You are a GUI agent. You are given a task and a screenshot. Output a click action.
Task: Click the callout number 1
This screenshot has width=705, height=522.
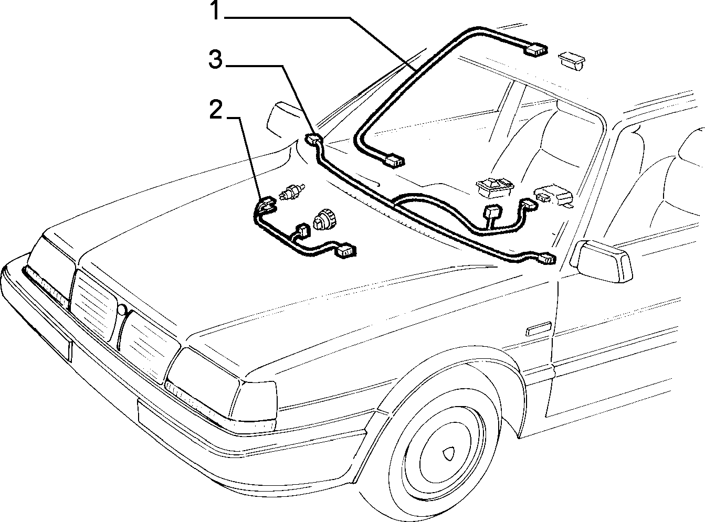(216, 10)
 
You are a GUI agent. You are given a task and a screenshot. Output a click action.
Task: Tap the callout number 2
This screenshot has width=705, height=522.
(216, 109)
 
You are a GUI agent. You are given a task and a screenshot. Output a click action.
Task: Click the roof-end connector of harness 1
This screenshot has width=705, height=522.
(535, 50)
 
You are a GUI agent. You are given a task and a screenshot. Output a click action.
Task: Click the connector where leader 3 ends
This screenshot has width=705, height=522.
(314, 139)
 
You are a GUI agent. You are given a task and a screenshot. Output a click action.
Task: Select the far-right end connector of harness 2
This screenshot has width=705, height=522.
(346, 251)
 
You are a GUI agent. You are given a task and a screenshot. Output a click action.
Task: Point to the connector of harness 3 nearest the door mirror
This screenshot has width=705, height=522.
(546, 258)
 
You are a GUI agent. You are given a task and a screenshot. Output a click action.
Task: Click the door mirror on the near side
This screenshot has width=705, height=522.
(602, 261)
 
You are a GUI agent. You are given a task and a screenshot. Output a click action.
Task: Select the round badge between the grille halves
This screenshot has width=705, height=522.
(122, 309)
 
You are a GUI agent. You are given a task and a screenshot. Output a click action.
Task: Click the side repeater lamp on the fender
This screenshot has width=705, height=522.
(539, 329)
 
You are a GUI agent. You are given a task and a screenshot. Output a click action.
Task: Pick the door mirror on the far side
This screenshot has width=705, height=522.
(279, 119)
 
